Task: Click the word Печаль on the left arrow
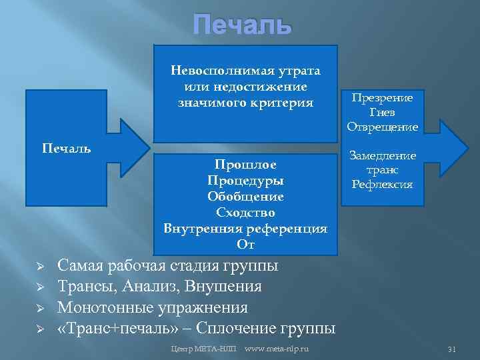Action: [67, 147]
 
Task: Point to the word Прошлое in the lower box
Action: [245, 164]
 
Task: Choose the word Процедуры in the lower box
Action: [245, 181]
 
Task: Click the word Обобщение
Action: [245, 197]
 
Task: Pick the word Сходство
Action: [245, 213]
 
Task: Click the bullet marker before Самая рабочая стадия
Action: [39, 267]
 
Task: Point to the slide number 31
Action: [451, 349]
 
